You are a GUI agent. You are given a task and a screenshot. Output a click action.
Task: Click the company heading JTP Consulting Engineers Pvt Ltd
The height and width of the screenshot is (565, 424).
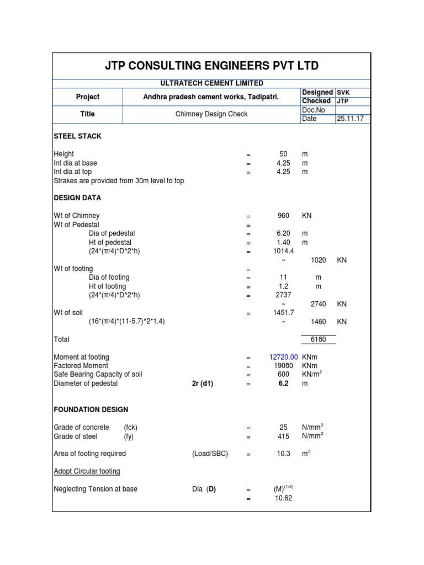point(212,66)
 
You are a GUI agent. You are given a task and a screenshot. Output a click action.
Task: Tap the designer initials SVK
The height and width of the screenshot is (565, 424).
point(344,93)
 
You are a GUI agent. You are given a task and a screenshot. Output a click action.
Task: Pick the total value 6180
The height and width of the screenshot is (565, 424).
point(319,339)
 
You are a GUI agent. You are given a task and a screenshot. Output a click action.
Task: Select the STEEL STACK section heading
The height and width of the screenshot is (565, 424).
point(77,136)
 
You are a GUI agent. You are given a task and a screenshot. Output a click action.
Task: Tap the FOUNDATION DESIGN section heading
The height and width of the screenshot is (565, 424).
point(91,410)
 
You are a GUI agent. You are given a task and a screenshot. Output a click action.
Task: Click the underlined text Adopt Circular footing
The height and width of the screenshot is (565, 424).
point(87,471)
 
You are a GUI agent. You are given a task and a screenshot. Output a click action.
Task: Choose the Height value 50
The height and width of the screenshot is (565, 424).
point(284,154)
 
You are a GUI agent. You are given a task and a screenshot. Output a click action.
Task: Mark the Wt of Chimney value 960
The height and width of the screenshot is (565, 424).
point(284,216)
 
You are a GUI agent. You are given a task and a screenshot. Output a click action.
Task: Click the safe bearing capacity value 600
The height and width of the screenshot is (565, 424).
point(284,375)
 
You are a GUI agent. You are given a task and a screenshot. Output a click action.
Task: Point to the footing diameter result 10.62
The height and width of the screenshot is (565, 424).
point(283,498)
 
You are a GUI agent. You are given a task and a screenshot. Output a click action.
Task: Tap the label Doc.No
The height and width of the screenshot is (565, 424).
point(314,110)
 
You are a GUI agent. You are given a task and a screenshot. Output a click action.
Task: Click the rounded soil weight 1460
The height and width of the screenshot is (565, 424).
point(319,322)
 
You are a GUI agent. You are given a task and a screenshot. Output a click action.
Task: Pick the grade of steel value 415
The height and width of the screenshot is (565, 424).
point(284,436)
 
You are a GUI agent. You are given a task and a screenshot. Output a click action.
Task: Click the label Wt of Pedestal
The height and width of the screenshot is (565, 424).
point(76,225)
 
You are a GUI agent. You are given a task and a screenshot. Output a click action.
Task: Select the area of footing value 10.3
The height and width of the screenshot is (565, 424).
point(284,454)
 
